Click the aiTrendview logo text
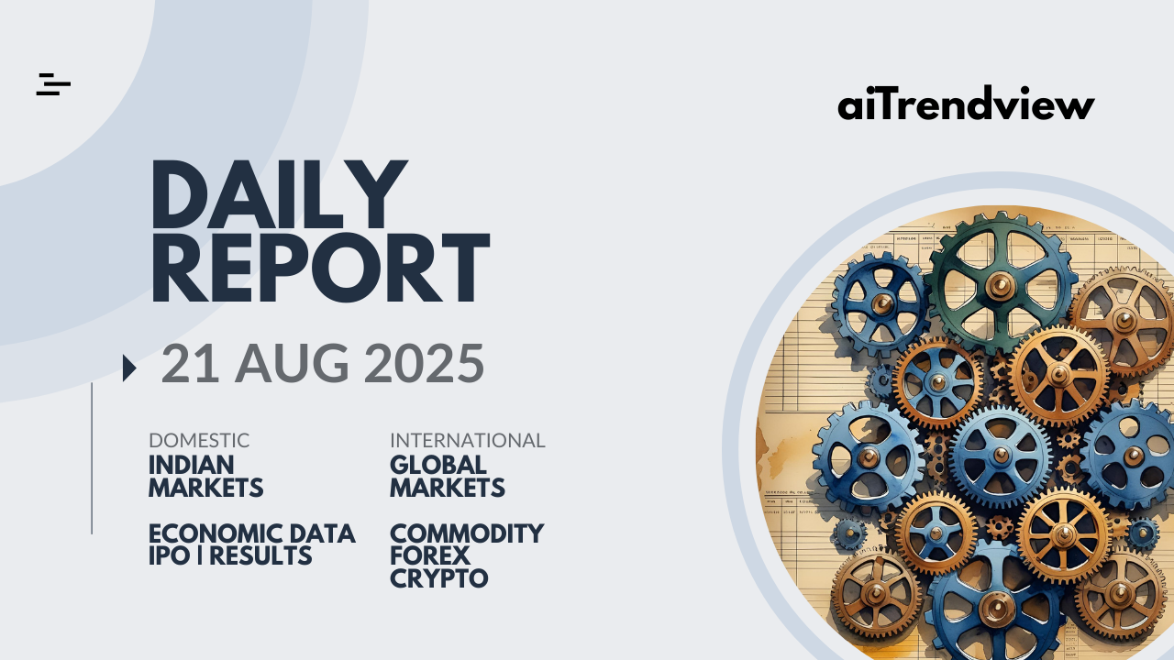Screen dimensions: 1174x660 [x=966, y=104]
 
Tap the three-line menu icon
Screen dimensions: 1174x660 [x=53, y=84]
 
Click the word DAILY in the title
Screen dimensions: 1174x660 [x=280, y=194]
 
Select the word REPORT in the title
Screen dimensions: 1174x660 [x=321, y=268]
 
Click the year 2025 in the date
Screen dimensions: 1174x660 [x=424, y=363]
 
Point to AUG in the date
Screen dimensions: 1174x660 [x=292, y=363]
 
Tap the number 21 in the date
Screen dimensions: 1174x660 [x=190, y=363]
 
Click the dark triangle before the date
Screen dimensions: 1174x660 [x=129, y=368]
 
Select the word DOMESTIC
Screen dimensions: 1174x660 [x=199, y=441]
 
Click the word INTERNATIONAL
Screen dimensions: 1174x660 [x=468, y=441]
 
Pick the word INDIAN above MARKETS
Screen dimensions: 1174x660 [x=192, y=465]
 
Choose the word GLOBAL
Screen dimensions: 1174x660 [x=438, y=465]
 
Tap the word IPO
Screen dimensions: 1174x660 [x=170, y=556]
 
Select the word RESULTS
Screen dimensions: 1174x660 [x=260, y=556]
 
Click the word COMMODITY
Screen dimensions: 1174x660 [x=467, y=534]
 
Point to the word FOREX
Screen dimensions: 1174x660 [x=430, y=556]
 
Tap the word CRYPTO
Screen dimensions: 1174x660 [x=439, y=578]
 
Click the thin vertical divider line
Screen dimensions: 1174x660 [x=92, y=458]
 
